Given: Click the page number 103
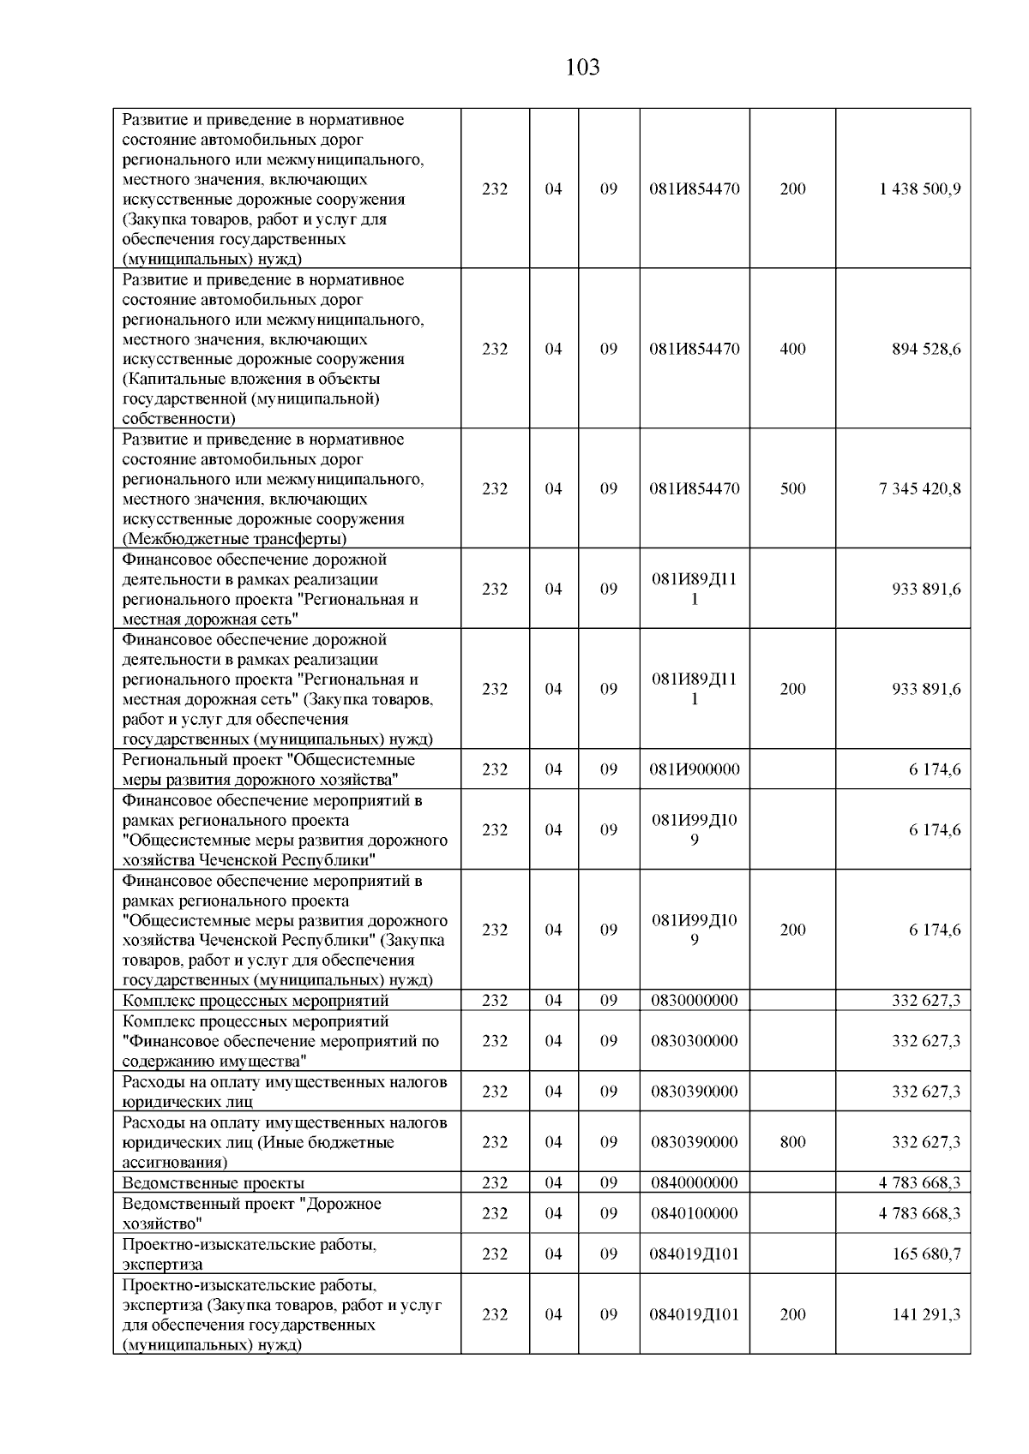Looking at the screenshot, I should pos(582,67).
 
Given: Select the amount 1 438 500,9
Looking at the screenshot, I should pos(919,188).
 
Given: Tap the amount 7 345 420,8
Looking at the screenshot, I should pos(919,488).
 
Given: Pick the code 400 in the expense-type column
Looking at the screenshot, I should pos(792,349).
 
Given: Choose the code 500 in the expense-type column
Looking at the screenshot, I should pos(792,488).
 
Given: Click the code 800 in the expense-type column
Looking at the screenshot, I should pos(792,1141).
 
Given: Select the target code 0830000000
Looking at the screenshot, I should pos(694,1000).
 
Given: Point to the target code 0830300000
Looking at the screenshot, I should pos(694,1040).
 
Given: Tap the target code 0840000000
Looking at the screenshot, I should pos(694,1182).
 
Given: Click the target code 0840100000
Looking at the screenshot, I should pos(694,1213).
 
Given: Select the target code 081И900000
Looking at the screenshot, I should pos(694,769).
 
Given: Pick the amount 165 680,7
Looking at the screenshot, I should pos(926,1254).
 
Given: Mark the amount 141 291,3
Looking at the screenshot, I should pos(926,1313).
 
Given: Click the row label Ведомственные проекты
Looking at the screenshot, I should pos(213,1182).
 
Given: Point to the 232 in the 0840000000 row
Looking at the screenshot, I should pos(494,1182).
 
